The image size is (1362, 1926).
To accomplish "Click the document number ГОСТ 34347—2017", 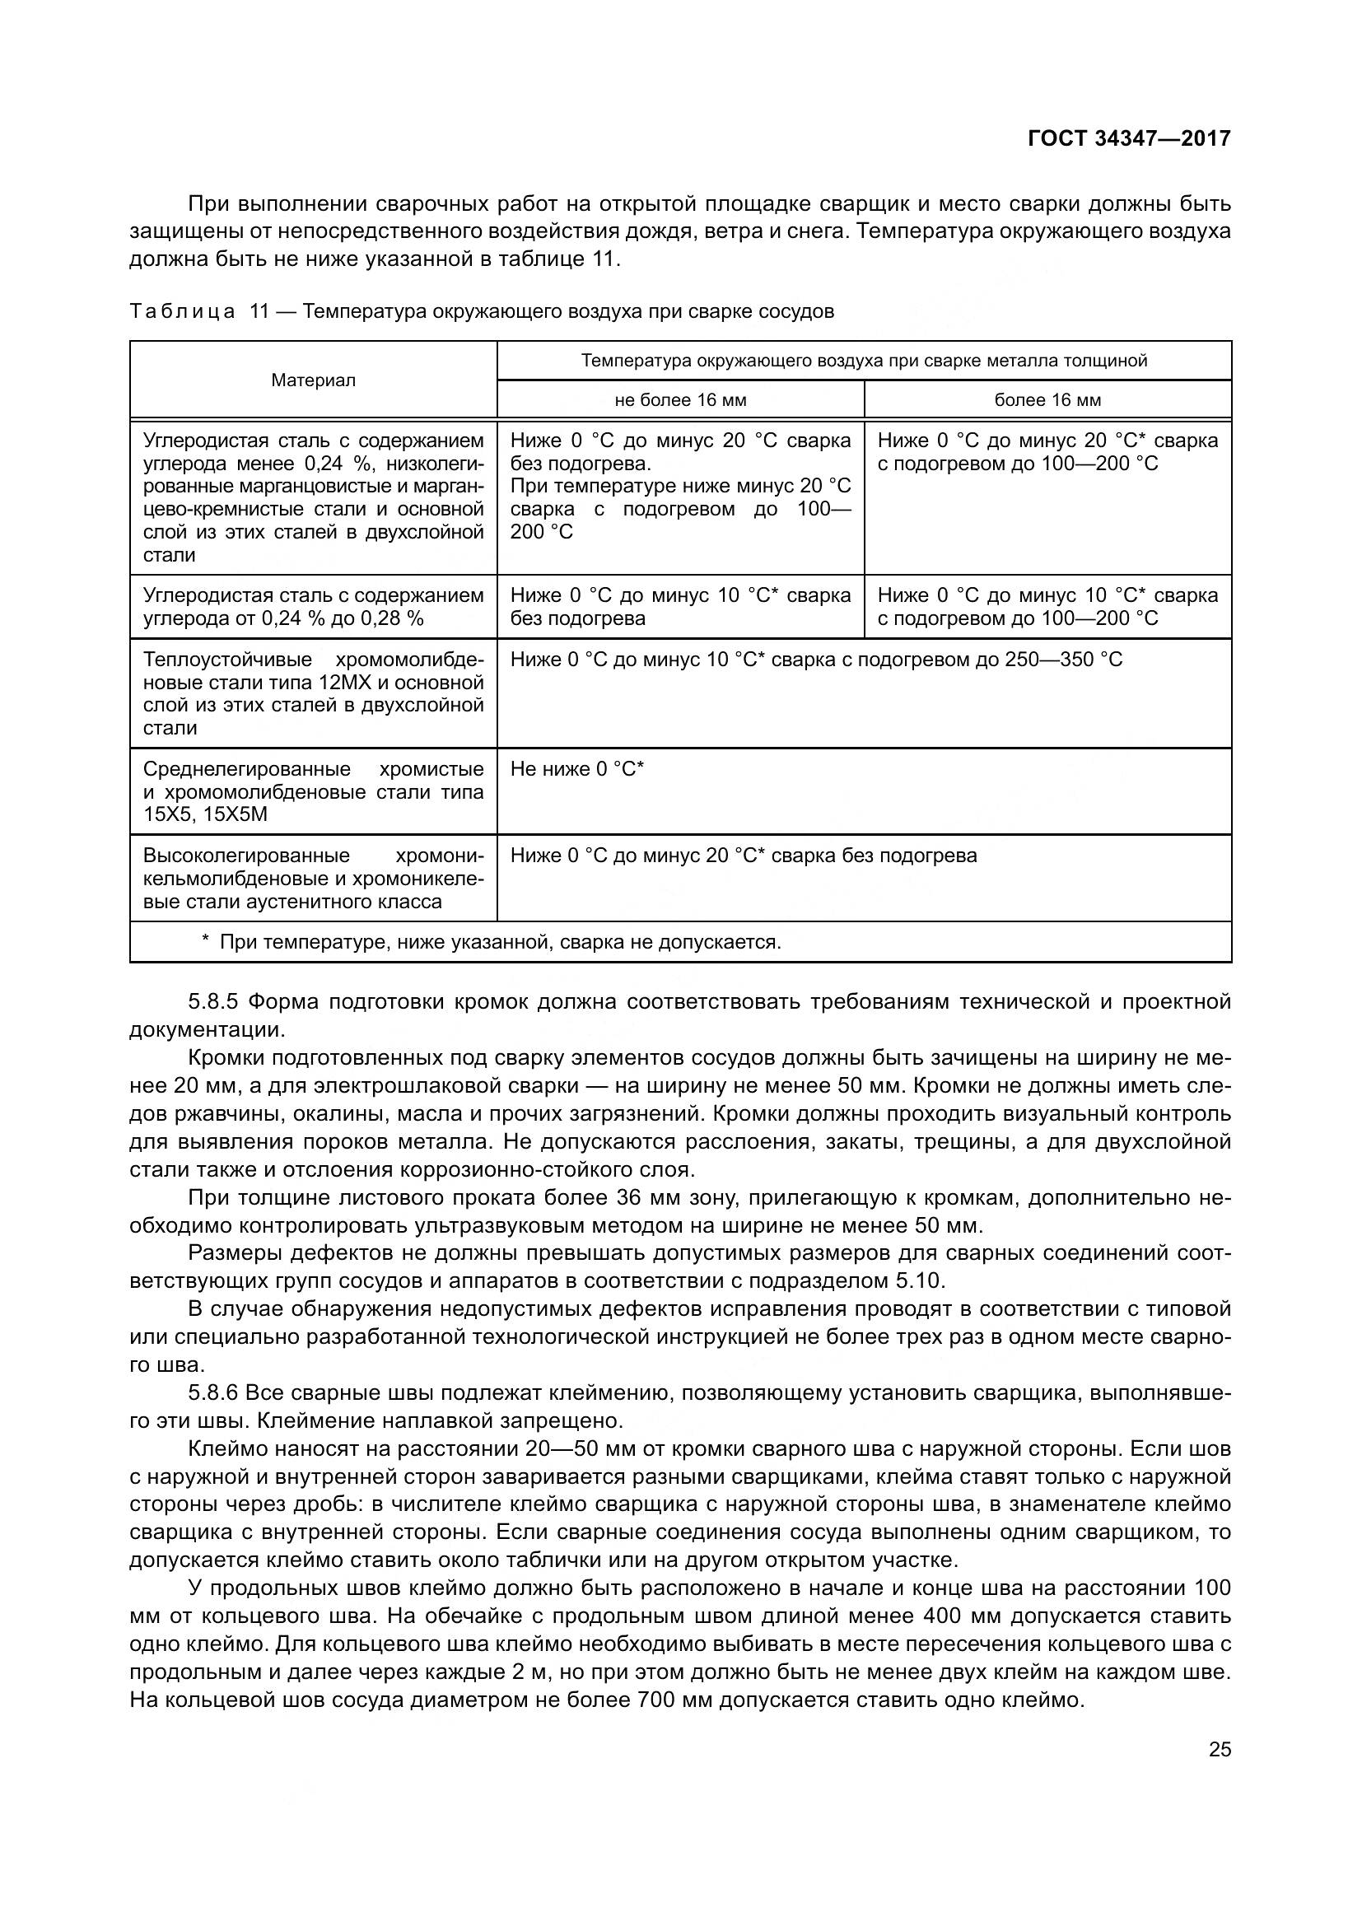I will tap(1129, 138).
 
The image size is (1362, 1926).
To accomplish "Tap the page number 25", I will tap(1220, 1749).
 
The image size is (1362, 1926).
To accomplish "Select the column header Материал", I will tap(313, 380).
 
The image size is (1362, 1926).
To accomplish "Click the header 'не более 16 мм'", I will tap(680, 400).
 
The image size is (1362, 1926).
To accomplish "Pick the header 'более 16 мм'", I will tap(1047, 400).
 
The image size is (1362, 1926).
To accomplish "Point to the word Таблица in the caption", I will tap(182, 312).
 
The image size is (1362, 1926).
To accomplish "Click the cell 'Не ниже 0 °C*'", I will tap(577, 769).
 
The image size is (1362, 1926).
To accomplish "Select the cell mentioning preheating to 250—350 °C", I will tap(815, 660).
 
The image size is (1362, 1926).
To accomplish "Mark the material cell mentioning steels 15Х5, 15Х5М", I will tap(313, 792).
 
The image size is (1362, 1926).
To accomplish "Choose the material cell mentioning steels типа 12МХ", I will tap(313, 693).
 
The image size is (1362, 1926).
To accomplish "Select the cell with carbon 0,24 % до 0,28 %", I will tap(313, 607).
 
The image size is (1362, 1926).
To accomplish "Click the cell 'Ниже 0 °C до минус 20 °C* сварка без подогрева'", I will tap(743, 856).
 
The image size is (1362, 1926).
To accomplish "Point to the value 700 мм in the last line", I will tap(675, 1700).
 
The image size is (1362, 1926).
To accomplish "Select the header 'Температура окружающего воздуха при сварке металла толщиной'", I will tap(864, 361).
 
